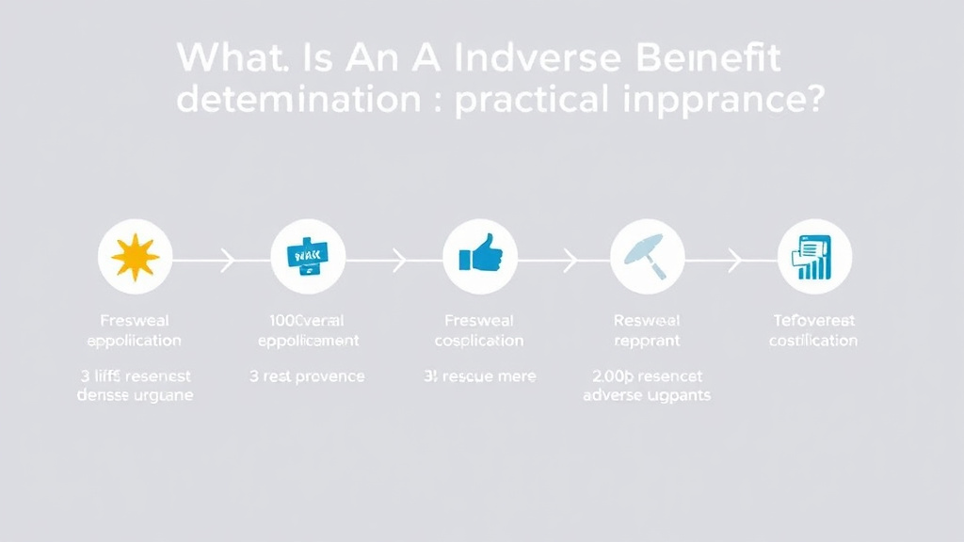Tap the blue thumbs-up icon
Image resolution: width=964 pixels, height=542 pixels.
tap(479, 255)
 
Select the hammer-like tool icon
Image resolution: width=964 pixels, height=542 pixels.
tap(647, 255)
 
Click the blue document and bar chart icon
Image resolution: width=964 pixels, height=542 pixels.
tap(813, 257)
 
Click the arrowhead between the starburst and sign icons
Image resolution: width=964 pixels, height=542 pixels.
tap(227, 260)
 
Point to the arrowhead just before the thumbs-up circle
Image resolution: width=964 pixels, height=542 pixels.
tap(399, 260)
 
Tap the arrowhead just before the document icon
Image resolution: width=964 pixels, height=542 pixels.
tap(735, 260)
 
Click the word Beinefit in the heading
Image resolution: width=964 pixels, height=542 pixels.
tap(710, 58)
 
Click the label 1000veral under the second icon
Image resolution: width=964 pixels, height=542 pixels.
tap(308, 321)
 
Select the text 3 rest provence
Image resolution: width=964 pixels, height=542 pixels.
tap(307, 376)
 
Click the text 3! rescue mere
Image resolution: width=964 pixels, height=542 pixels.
tap(480, 376)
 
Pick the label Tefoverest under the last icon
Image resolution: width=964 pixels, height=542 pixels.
tap(813, 321)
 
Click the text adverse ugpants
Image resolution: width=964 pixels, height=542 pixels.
tap(647, 395)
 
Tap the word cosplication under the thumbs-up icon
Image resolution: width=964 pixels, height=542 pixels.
tap(479, 341)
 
